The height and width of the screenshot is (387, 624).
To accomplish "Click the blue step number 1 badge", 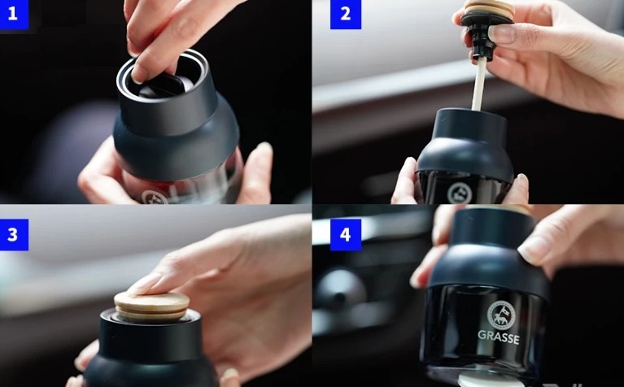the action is click(14, 15).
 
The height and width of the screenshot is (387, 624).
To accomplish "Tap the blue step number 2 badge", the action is click(346, 15).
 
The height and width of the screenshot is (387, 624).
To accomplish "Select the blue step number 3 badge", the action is click(14, 235).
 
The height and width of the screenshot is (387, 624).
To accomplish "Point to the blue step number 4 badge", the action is click(346, 235).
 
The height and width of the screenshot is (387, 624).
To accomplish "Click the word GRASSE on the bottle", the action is click(498, 337).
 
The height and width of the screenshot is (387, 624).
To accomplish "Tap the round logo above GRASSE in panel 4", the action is click(501, 315).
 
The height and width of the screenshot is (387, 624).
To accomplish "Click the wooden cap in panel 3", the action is click(151, 306).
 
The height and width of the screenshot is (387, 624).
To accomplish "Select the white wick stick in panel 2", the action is click(478, 84).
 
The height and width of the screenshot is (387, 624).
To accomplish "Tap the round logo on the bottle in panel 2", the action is click(460, 193).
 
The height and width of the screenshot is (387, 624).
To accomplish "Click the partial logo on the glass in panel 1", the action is click(155, 198).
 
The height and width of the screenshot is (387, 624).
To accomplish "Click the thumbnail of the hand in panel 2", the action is click(502, 33).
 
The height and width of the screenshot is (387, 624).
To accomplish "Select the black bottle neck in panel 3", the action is click(150, 335).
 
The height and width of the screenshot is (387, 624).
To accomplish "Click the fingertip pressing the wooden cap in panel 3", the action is click(141, 287).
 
